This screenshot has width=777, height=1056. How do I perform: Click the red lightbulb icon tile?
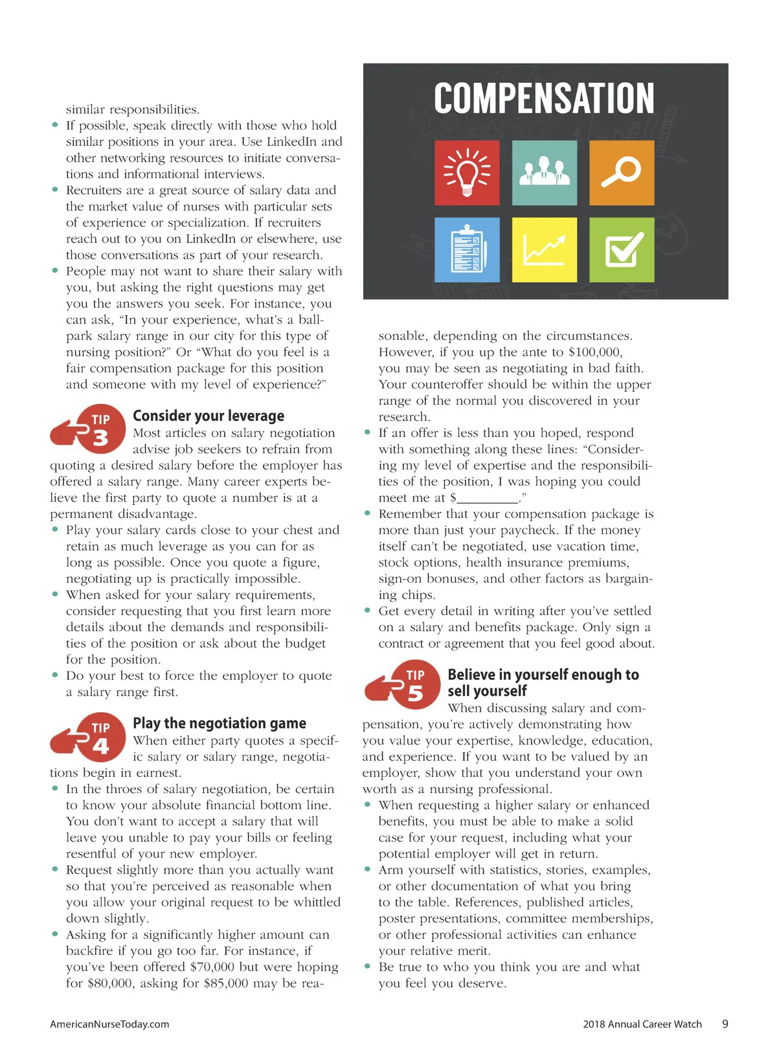[467, 173]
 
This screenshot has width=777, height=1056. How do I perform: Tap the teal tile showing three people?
[544, 173]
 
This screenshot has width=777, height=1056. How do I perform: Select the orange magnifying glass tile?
[622, 173]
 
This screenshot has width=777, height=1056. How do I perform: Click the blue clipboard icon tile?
[467, 250]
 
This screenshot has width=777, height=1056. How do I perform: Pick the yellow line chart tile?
[544, 250]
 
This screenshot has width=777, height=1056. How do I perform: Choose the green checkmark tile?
[622, 250]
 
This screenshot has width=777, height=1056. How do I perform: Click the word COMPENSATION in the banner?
[544, 98]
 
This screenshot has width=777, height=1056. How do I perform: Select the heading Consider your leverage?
[208, 416]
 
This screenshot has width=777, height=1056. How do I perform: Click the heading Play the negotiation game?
[220, 723]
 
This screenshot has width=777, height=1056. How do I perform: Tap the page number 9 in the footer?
[725, 1024]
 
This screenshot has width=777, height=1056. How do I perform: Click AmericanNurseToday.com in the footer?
[109, 1024]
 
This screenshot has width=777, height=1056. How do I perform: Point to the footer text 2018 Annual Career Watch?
[642, 1024]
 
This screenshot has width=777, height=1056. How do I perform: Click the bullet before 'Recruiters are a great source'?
[55, 190]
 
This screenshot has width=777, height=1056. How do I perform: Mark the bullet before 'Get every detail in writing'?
[368, 611]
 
